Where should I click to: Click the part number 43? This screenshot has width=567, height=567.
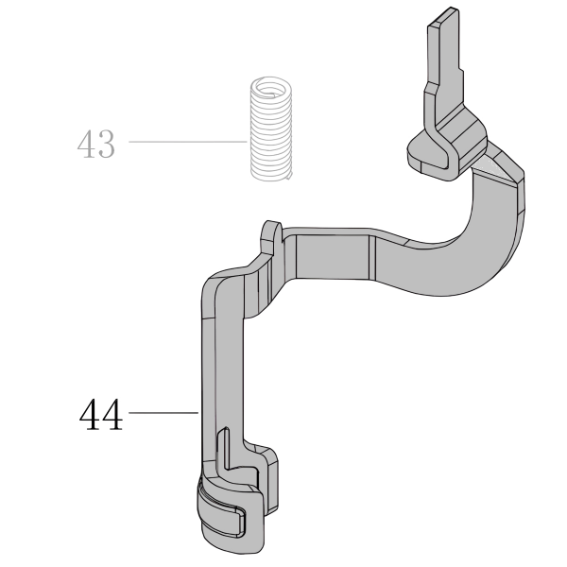[x=96, y=144]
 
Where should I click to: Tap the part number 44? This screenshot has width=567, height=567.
[x=101, y=414]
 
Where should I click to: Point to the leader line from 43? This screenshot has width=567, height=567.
[x=187, y=142]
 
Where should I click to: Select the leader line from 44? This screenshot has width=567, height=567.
[x=163, y=412]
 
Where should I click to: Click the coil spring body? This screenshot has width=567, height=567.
[x=271, y=129]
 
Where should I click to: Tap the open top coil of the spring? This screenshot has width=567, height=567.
[x=271, y=88]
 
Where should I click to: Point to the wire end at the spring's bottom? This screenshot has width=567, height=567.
[x=288, y=176]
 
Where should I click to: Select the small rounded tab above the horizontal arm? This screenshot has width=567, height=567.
[x=272, y=233]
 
